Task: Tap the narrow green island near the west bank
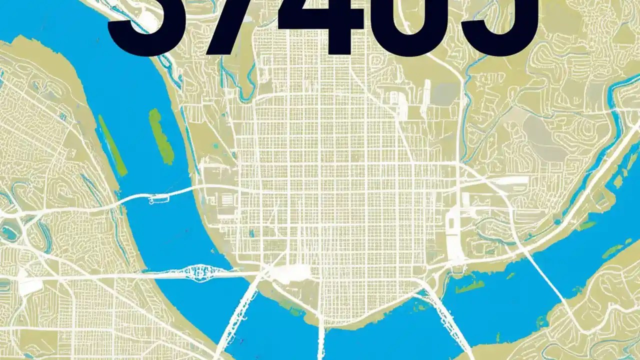pos(112,145)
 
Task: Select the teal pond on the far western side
pos(10,232)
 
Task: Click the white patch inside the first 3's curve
pos(148,20)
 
